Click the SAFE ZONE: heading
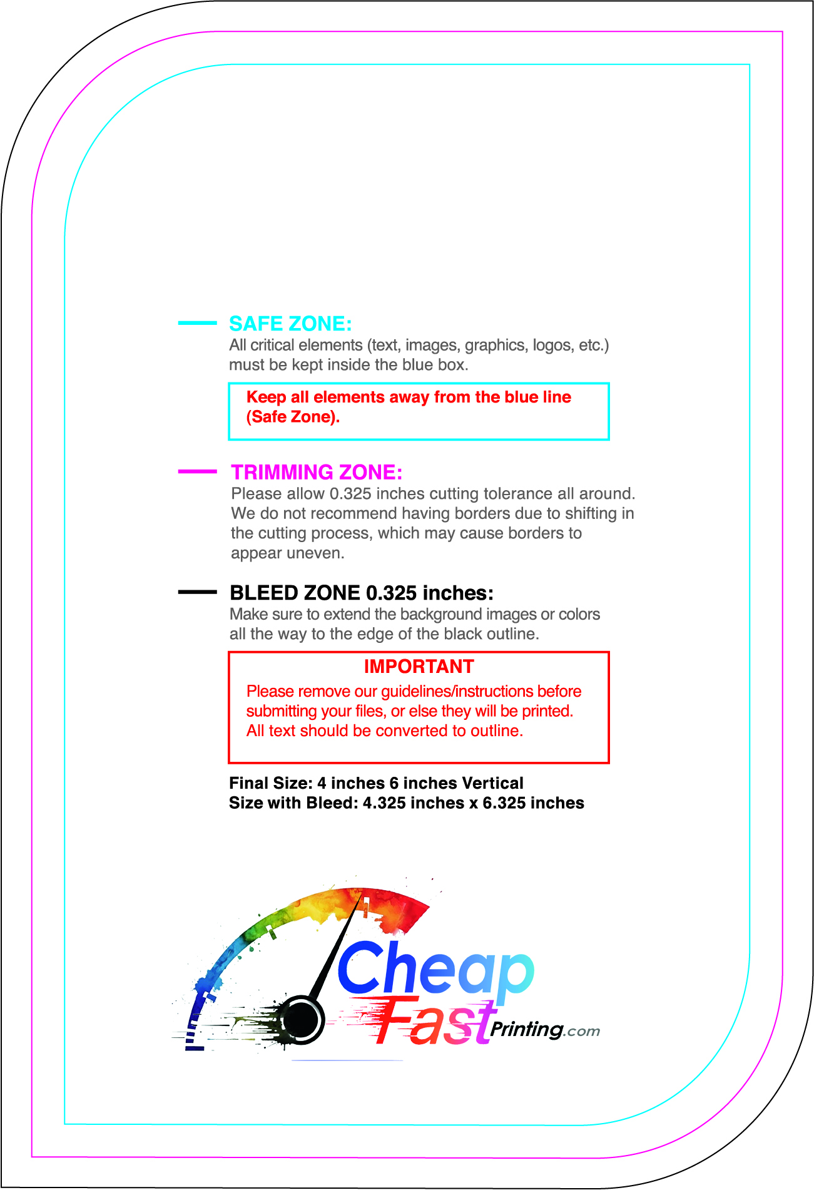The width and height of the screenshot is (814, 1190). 290,324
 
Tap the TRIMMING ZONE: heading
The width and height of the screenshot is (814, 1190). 317,472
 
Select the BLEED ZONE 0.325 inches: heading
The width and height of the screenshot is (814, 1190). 362,593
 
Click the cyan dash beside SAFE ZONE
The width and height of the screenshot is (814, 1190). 197,323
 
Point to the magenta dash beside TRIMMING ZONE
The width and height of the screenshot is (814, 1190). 197,471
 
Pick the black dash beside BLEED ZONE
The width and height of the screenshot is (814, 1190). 197,592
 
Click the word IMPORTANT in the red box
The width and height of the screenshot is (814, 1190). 419,667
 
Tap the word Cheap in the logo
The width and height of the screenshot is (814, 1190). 435,971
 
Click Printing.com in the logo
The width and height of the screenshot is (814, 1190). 544,1030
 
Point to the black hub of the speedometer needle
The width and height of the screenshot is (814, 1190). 300,1020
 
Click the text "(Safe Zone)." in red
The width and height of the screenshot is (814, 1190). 293,417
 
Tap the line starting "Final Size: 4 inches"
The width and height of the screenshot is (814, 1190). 376,783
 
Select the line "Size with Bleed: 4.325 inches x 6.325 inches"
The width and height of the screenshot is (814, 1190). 406,803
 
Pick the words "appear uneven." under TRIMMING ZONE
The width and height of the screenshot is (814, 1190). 287,553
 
